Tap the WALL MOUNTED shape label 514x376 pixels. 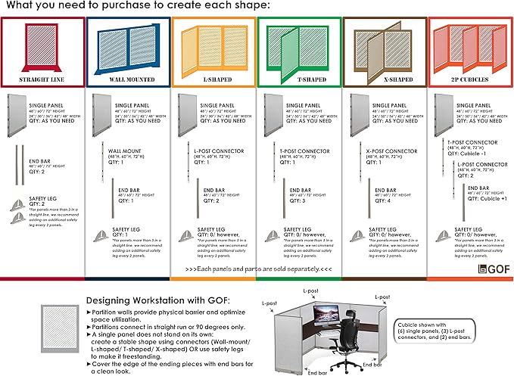pyautogui.click(x=128, y=80)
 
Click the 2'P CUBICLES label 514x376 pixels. pyautogui.click(x=470, y=80)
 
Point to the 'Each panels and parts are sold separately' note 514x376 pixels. pyautogui.click(x=258, y=269)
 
